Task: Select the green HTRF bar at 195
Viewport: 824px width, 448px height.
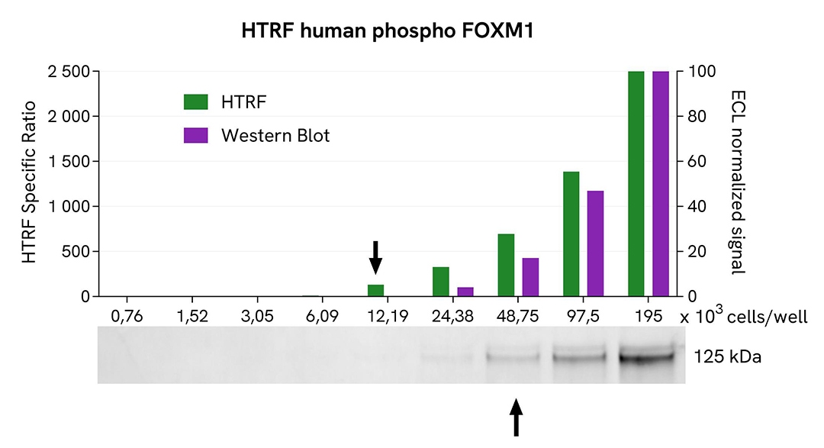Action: (x=636, y=183)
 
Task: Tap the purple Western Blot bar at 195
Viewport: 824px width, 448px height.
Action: (x=661, y=183)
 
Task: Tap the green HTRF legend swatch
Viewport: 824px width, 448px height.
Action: (x=195, y=102)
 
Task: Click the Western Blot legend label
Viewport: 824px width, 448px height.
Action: (x=275, y=136)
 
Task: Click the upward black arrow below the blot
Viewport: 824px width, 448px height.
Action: (x=517, y=417)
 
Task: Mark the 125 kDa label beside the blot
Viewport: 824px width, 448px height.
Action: (x=729, y=356)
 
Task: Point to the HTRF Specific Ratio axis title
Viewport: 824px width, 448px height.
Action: (x=30, y=182)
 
